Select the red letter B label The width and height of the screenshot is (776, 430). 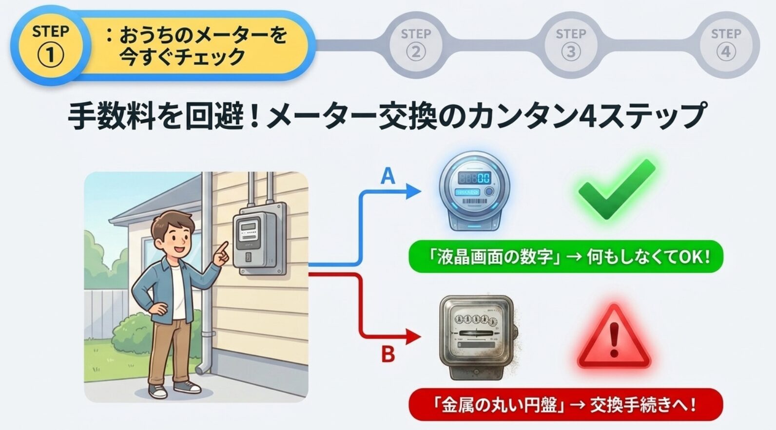click(x=388, y=355)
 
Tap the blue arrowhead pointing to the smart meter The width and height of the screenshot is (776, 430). click(x=414, y=191)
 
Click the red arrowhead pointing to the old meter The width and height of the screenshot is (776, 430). click(x=414, y=337)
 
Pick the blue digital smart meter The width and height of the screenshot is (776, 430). click(x=475, y=191)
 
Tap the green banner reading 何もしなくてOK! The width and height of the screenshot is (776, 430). click(x=566, y=257)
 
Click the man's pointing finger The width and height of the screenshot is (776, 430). click(x=223, y=248)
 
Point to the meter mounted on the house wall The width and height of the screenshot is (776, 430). click(x=259, y=239)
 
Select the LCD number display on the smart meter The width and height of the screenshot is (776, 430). click(x=474, y=178)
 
